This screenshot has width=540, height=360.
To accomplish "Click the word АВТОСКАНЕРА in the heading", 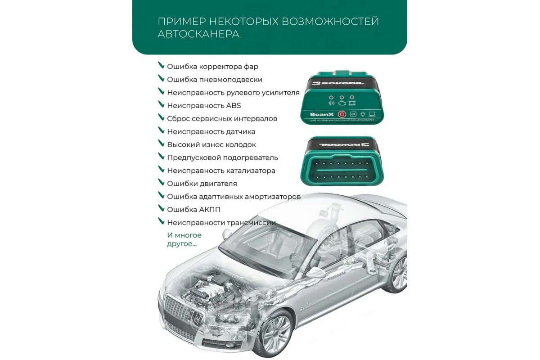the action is [x=198, y=34].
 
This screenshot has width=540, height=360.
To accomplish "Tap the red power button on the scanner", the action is [x=342, y=114].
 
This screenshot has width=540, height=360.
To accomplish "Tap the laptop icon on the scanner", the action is [x=372, y=114].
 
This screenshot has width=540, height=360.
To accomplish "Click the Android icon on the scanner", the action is [x=363, y=114].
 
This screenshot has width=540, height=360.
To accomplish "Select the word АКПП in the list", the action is [x=210, y=209].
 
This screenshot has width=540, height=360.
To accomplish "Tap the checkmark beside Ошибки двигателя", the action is [x=161, y=183].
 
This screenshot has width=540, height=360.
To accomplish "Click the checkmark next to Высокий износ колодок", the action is [x=161, y=144].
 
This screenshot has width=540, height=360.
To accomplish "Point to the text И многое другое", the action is [x=184, y=239].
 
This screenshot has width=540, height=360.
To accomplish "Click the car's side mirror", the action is [x=312, y=272].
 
